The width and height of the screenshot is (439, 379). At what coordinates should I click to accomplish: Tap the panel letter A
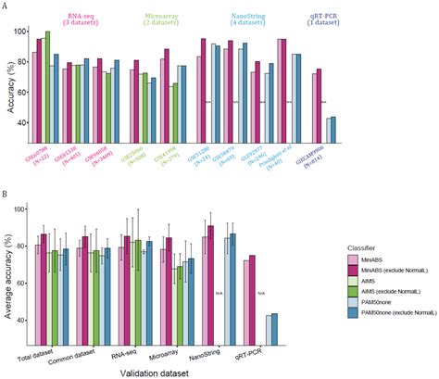click(6, 6)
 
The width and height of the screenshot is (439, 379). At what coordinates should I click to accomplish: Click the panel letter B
click(6, 196)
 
